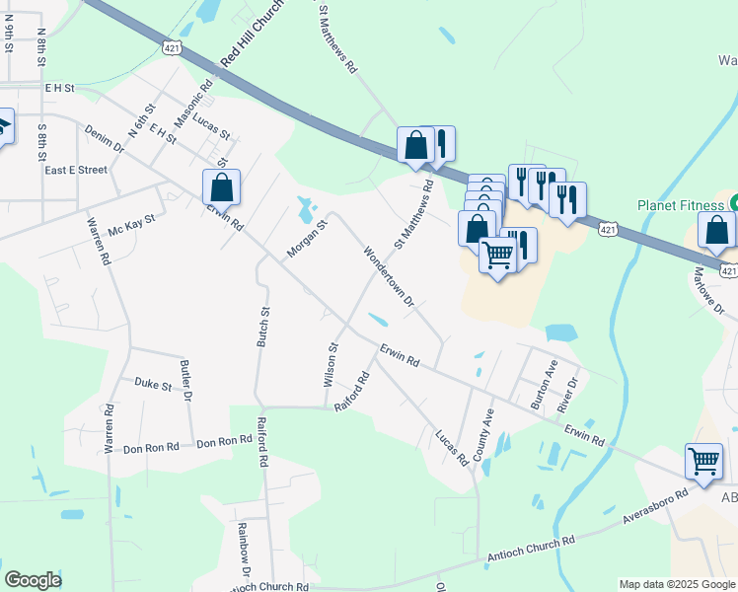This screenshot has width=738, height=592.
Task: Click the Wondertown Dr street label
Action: point(388,276)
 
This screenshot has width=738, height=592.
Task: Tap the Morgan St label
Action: point(307,239)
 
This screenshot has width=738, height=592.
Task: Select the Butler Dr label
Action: point(184,376)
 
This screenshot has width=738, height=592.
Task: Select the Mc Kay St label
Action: point(132,224)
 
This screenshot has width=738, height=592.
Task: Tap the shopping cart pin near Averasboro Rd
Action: point(703,461)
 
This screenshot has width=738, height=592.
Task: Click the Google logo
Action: point(34,580)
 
